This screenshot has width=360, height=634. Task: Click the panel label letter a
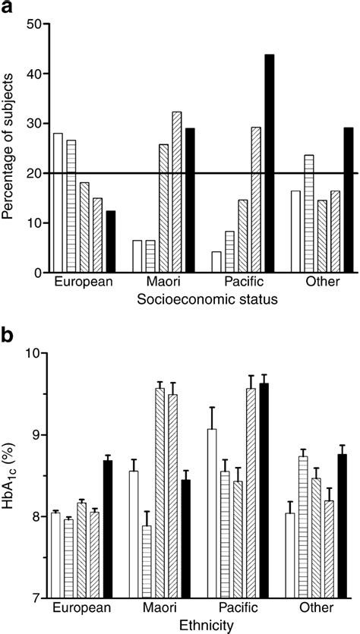coord(9,9)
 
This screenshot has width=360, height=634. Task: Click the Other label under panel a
coord(317,282)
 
